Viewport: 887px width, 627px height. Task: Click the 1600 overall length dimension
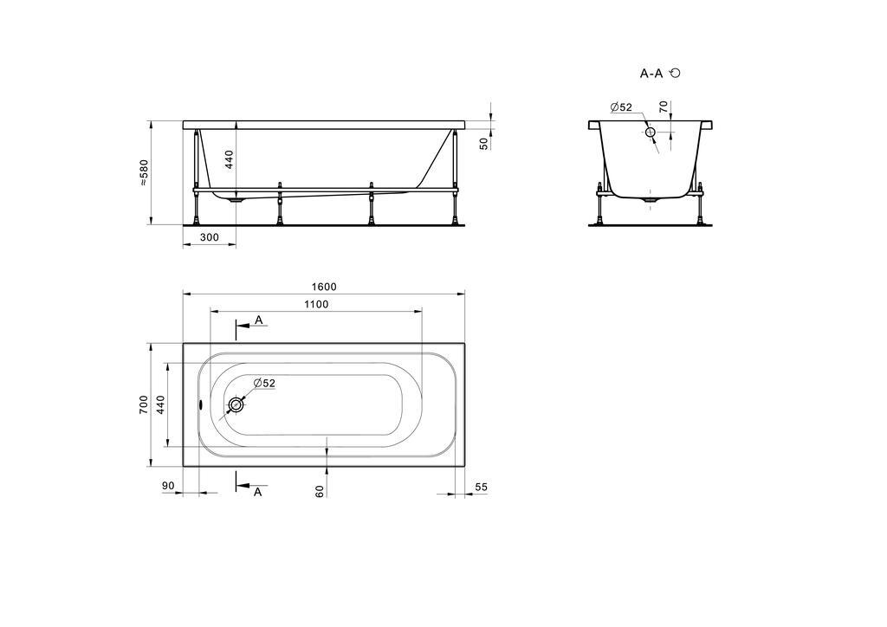(324, 287)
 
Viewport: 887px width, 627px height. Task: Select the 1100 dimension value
(316, 304)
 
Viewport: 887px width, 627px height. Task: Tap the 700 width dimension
(144, 404)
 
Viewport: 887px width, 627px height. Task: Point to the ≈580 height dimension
(144, 173)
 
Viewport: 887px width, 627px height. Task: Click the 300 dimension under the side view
(210, 237)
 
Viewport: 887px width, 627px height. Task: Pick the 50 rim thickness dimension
(483, 144)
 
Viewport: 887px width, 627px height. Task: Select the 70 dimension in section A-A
(664, 107)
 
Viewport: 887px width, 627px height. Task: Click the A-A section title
(651, 73)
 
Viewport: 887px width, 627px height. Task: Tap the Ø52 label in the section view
(621, 107)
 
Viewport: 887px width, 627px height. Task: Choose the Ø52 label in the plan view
(264, 384)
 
